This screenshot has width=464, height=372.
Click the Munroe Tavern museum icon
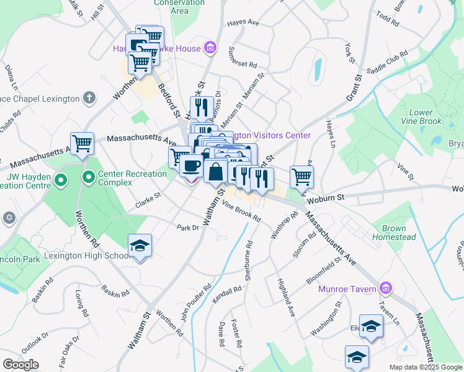[386, 288]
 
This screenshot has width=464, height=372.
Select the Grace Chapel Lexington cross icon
[90, 98]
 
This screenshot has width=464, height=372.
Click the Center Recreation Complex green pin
[89, 179]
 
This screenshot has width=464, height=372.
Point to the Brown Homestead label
[394, 233]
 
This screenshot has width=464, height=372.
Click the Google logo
[20, 365]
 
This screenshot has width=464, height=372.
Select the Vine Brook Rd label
[241, 213]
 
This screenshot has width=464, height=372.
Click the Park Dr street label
[187, 228]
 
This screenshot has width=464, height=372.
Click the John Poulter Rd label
[197, 303]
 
